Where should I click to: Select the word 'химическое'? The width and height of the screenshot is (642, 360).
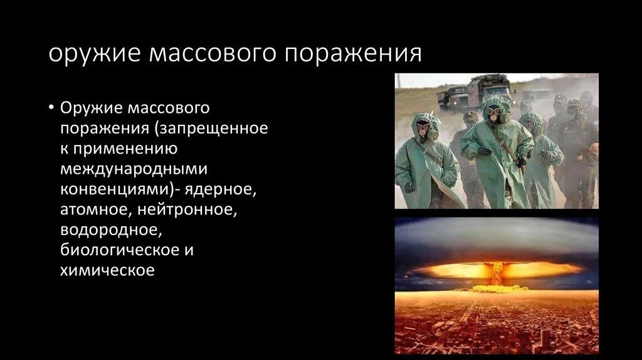pyautogui.click(x=107, y=270)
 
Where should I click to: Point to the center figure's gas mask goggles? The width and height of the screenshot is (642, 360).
pyautogui.click(x=495, y=111)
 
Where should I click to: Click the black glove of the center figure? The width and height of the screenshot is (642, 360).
pyautogui.click(x=484, y=151)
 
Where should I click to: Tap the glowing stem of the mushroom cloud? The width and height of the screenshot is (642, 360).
pyautogui.click(x=497, y=274)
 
